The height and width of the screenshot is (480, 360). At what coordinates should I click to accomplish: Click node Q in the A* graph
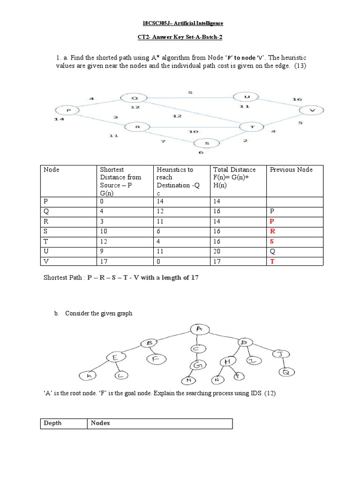pos(134,98)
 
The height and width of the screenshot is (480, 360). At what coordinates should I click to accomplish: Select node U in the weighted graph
pos(246,97)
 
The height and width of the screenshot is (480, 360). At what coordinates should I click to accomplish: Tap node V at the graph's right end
pos(311,110)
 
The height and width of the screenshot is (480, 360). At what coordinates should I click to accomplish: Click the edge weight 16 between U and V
pos(297,99)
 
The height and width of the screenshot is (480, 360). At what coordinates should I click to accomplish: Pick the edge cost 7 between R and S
pos(163,141)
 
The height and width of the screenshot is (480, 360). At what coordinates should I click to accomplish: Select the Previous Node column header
pos(291,170)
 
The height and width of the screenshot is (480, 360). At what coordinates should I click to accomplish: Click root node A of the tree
pos(199,330)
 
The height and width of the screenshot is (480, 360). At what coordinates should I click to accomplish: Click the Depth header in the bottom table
pos(52,423)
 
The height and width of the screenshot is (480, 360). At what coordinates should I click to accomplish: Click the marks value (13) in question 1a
pos(300,66)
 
